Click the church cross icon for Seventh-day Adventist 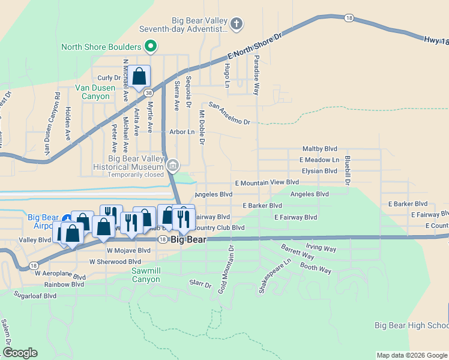click(237, 24)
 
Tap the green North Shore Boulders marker click(151, 46)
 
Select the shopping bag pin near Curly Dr click(139, 77)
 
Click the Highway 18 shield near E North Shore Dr click(349, 19)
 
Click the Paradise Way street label click(256, 75)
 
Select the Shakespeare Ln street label click(267, 276)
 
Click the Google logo click(20, 353)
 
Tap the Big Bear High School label click(411, 325)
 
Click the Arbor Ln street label click(182, 131)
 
